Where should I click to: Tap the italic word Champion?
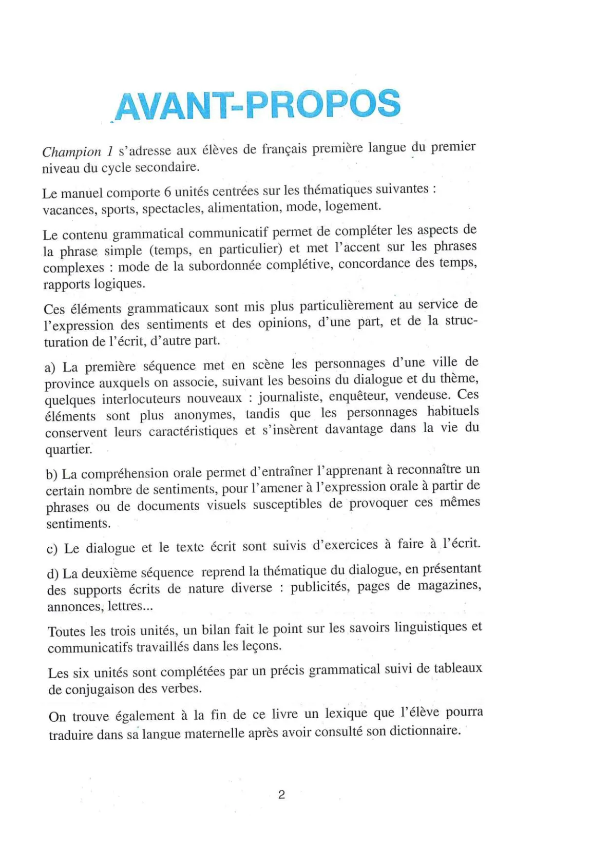(71, 152)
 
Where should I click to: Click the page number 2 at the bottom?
(281, 795)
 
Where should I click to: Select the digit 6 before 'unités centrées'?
(167, 192)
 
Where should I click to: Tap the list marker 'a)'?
(50, 368)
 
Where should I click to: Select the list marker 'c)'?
(52, 549)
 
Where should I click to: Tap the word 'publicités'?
(319, 587)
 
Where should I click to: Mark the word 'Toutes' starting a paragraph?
(67, 631)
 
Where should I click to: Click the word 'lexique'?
(346, 714)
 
